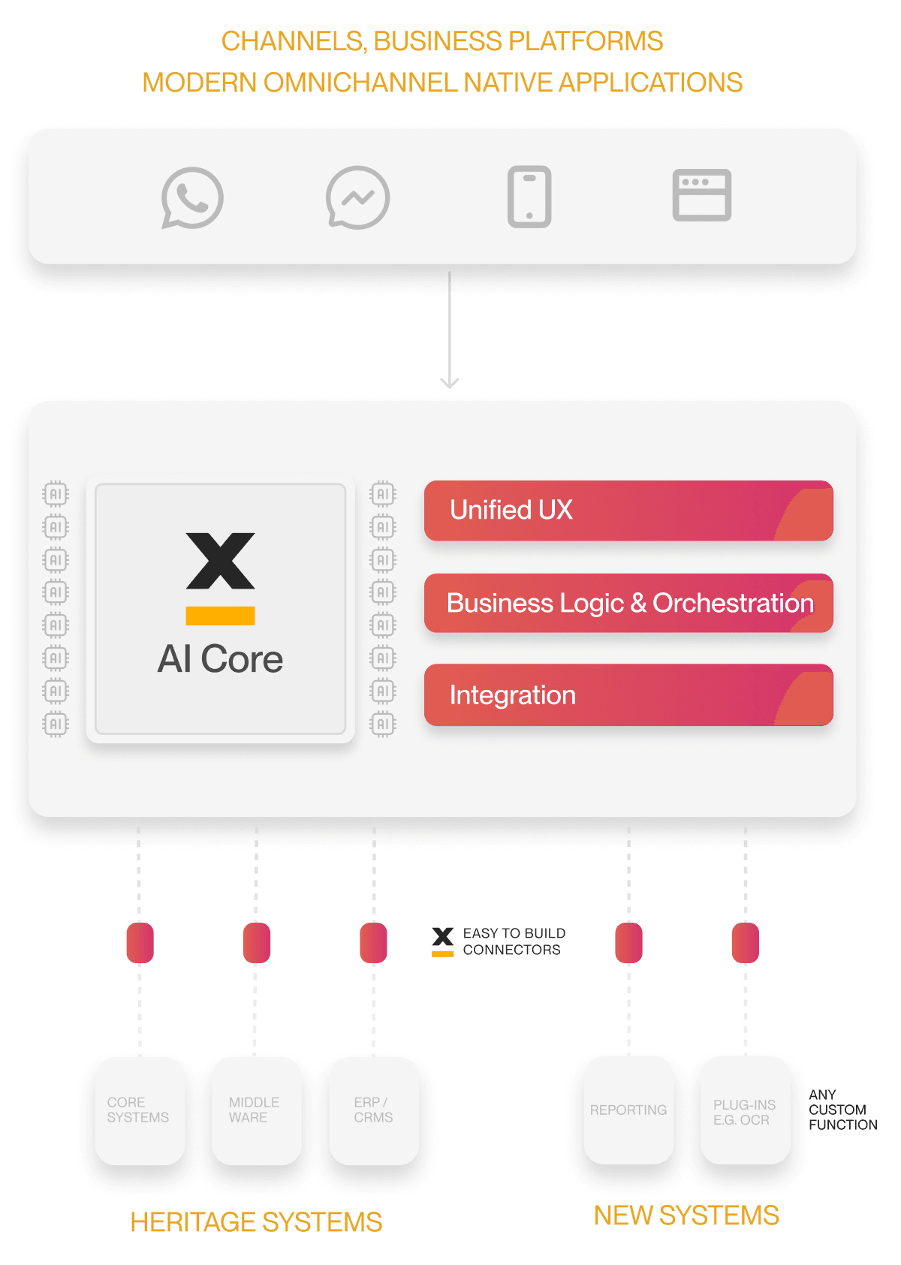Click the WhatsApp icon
(192, 197)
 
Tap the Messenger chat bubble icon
(357, 197)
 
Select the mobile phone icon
(529, 197)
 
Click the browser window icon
(701, 195)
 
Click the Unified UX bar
(628, 511)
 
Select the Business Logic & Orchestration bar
(628, 603)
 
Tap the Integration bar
(628, 695)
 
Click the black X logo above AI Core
(221, 561)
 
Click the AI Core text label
(220, 659)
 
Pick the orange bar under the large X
(220, 616)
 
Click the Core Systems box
(140, 1110)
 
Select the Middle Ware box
(256, 1110)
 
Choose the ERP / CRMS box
(373, 1110)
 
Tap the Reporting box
(628, 1110)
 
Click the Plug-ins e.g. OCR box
(744, 1111)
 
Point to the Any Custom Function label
(842, 1110)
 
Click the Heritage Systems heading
(256, 1222)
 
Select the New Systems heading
(686, 1215)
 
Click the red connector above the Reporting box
(628, 943)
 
